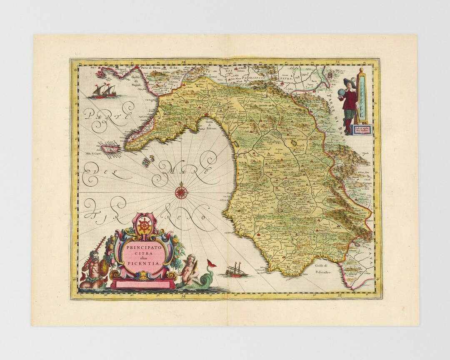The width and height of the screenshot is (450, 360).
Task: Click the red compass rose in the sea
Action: [x=181, y=192]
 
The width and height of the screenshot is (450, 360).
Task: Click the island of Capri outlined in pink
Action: [x=110, y=147]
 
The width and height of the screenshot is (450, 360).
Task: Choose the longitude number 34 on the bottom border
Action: [x=184, y=296]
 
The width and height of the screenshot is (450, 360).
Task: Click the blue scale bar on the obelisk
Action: [x=361, y=98]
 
